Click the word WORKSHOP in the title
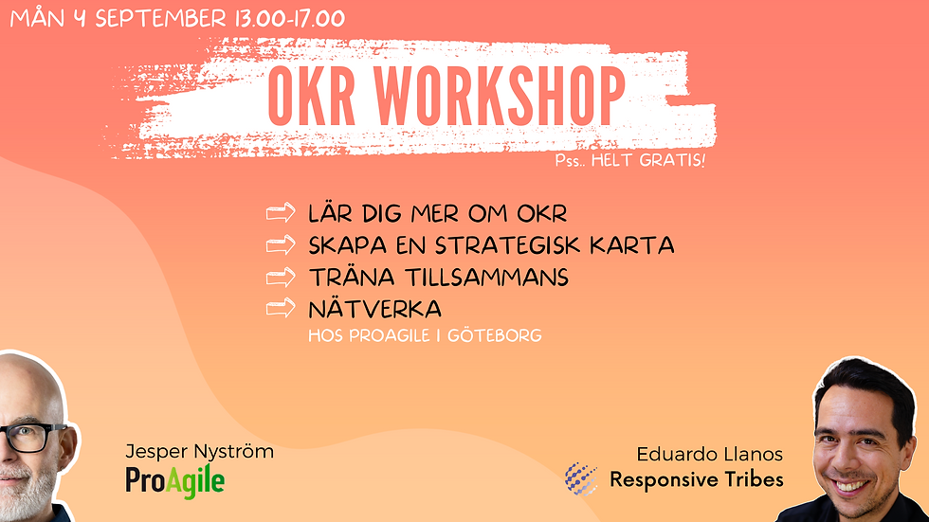click(x=500, y=96)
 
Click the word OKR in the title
click(x=312, y=96)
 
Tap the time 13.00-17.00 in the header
click(x=290, y=18)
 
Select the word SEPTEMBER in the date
click(x=161, y=18)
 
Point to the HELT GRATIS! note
click(x=648, y=160)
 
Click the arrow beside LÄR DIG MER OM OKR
click(x=281, y=212)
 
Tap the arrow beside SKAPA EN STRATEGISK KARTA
click(x=281, y=244)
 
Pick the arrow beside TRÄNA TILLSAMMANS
click(x=281, y=277)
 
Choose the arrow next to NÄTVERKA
click(x=281, y=308)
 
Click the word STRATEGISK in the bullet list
click(x=508, y=245)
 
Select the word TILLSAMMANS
click(x=487, y=278)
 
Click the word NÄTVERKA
click(x=375, y=309)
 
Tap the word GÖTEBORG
click(x=495, y=335)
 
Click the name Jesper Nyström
click(x=200, y=452)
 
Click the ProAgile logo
click(x=174, y=481)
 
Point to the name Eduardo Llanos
click(x=710, y=455)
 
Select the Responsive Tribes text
click(x=697, y=479)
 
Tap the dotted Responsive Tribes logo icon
click(x=581, y=478)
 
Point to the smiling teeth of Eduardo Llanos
click(x=852, y=487)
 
